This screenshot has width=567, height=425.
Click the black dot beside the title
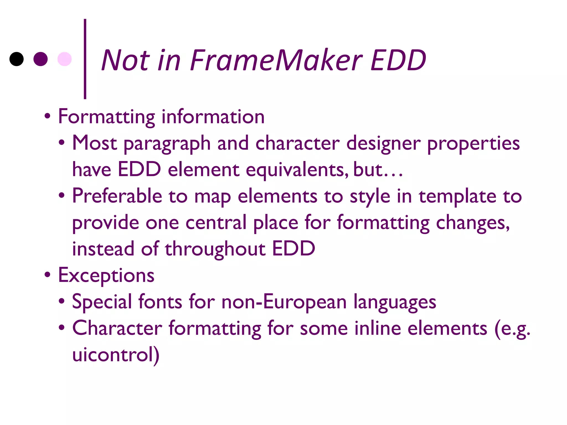point(17,59)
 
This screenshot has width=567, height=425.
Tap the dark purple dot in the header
point(40,59)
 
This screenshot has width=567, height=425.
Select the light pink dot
point(65,59)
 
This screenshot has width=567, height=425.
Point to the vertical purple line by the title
point(85,59)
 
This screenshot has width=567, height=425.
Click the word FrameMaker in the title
point(276,60)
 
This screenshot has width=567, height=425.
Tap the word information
point(213,117)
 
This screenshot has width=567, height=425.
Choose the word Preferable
point(117,196)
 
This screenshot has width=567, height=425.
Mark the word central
point(216,222)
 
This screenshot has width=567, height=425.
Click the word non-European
point(284,301)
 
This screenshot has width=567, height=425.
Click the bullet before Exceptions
point(48,275)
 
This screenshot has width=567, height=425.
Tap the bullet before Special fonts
point(62,301)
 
